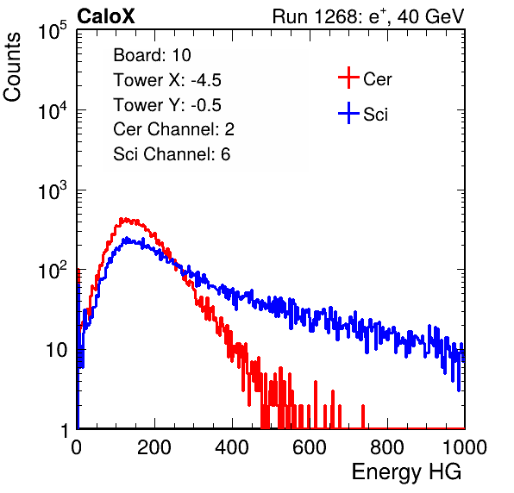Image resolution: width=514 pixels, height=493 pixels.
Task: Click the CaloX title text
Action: (x=106, y=16)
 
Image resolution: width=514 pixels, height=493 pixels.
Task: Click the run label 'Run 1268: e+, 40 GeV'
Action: (x=368, y=16)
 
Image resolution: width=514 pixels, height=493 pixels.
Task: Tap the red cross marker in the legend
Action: (x=348, y=78)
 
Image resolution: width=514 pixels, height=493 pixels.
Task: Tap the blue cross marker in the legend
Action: (x=348, y=113)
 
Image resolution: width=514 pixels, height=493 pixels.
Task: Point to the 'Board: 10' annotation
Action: (x=152, y=55)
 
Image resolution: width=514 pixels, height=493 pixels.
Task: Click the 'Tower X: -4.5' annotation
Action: (x=167, y=80)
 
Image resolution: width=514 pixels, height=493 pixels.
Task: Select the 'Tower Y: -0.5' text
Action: (x=167, y=105)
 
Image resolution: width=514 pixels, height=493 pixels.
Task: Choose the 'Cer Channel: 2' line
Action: (x=173, y=129)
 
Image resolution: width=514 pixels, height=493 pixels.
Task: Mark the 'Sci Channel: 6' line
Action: (x=172, y=154)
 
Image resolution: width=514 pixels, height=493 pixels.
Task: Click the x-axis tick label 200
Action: (x=154, y=447)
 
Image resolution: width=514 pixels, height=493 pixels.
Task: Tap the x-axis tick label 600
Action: (x=310, y=447)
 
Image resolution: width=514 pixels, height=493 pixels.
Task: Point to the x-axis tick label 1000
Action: (x=465, y=447)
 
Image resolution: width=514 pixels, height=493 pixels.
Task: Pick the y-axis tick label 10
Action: (x=56, y=350)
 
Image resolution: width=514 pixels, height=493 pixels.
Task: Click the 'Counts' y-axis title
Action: (x=12, y=67)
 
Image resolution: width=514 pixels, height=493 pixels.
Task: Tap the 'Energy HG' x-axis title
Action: (x=406, y=472)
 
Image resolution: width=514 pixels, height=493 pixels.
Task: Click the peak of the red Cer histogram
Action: (x=122, y=219)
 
